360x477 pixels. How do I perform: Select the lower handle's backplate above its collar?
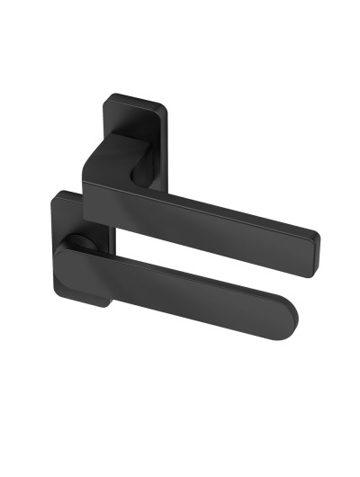(x=76, y=209)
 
